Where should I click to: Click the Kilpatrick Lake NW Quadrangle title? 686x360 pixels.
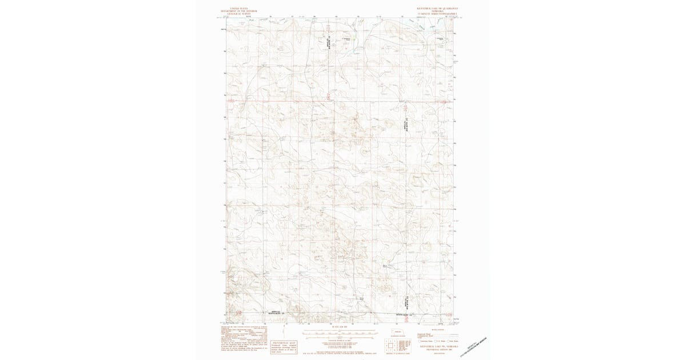[437, 9]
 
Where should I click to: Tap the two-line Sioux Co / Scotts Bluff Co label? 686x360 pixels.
[276, 313]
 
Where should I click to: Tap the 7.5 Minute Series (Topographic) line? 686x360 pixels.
[437, 14]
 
